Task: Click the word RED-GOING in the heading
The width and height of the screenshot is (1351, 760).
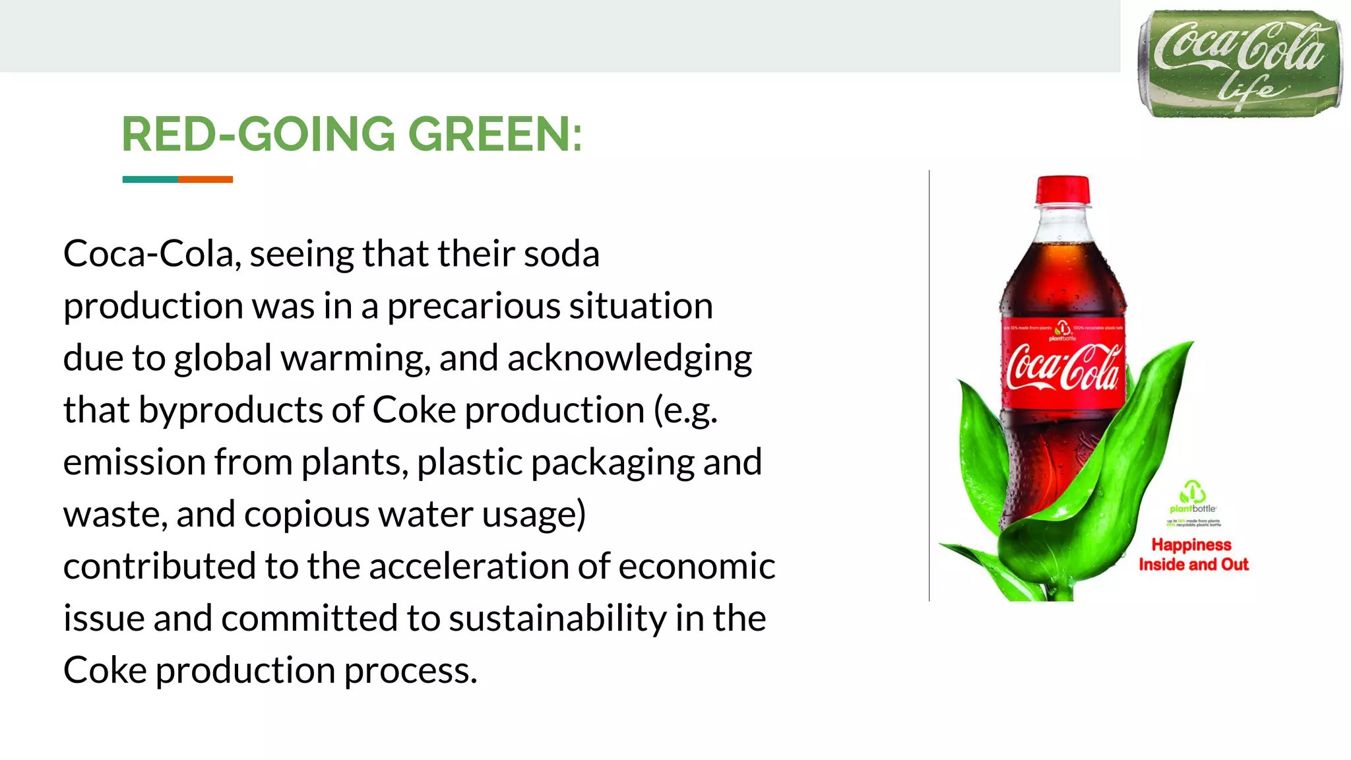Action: tap(258, 135)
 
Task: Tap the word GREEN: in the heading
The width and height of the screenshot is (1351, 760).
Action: tap(495, 135)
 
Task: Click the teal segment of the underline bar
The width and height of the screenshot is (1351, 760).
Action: tap(150, 179)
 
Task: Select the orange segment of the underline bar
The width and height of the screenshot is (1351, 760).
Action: tap(205, 179)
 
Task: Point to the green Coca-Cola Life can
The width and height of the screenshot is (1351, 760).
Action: tap(1239, 64)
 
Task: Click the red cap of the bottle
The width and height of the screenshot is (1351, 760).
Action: tap(1063, 190)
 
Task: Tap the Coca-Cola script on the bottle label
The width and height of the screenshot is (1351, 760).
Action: tap(1063, 367)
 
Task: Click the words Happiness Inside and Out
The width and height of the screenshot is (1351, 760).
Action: tap(1193, 554)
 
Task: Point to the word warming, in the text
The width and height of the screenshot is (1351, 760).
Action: tap(356, 358)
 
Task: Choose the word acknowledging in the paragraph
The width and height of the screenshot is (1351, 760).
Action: tap(629, 358)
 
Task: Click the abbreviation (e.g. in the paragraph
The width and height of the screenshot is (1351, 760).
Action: tap(685, 410)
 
